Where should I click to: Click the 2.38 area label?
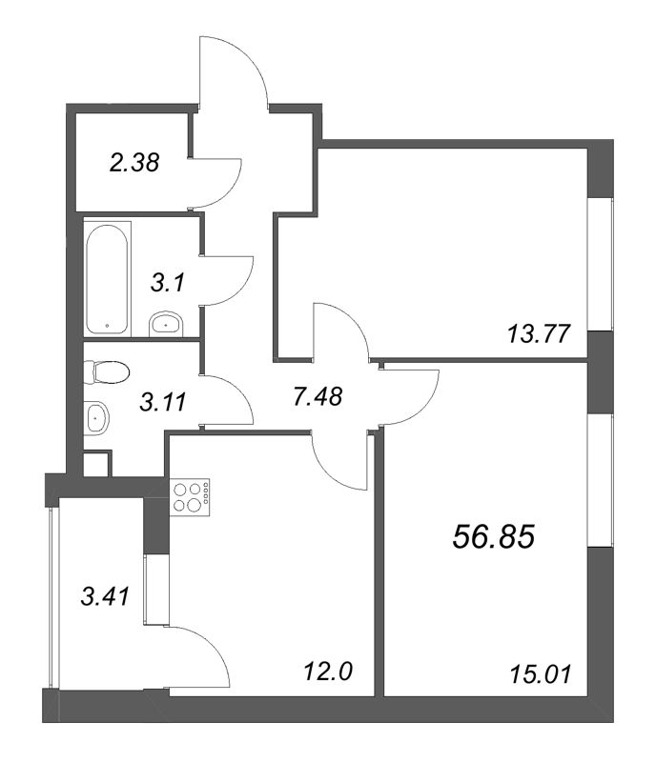[133, 162]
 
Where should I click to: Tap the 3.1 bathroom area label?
[168, 282]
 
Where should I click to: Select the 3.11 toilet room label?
[162, 402]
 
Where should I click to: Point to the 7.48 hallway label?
[318, 396]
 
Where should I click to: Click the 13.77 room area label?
[539, 334]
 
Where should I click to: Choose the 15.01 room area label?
[541, 674]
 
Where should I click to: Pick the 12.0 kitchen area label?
[327, 672]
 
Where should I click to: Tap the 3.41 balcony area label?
[105, 596]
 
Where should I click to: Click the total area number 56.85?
[494, 537]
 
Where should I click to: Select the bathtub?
[107, 279]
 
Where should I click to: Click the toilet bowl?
[107, 372]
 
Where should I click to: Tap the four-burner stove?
[190, 497]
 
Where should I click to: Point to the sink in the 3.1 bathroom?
[166, 324]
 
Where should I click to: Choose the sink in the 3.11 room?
[97, 418]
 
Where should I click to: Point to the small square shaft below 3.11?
[96, 465]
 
